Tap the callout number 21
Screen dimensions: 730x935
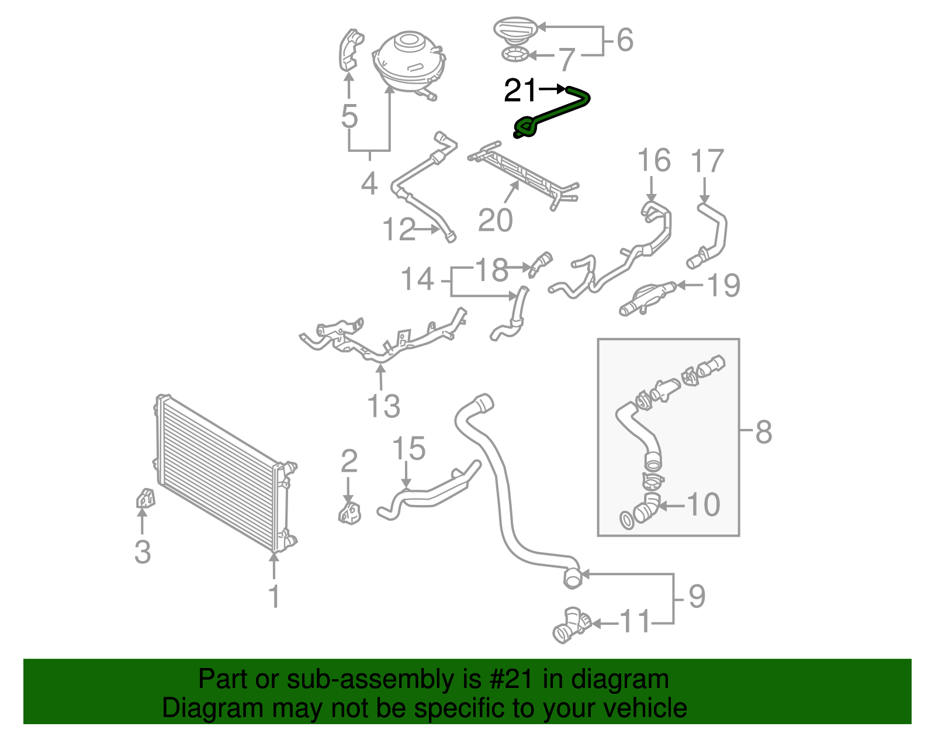tap(520, 91)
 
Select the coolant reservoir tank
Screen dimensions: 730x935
tap(409, 61)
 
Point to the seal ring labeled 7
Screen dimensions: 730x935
tap(515, 56)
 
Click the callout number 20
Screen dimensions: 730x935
tap(495, 220)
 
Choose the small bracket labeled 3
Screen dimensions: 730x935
tap(144, 498)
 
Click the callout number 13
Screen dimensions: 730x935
tap(383, 406)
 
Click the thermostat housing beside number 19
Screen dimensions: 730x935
tap(646, 297)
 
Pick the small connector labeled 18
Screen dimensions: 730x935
tap(540, 262)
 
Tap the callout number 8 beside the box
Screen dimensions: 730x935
tap(763, 432)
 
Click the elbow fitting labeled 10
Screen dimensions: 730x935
tap(647, 507)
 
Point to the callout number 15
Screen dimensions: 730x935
tap(408, 449)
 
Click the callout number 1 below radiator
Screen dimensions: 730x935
tap(273, 597)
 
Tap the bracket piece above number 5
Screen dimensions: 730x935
tap(351, 50)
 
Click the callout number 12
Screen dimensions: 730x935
tap(399, 230)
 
